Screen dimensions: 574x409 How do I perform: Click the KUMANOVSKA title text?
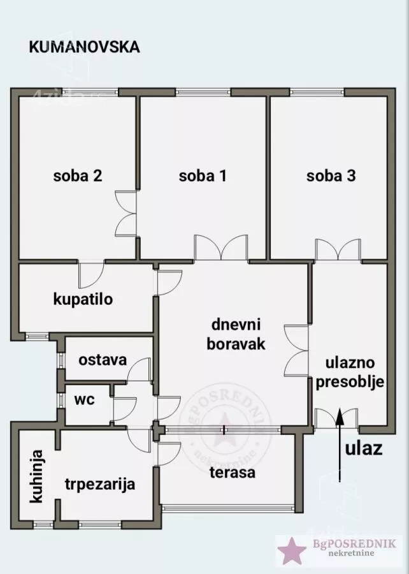point(85,47)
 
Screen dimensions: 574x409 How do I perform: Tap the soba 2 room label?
point(78,176)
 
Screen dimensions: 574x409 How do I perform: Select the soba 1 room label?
point(203,176)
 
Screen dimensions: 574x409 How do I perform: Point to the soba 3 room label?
point(331,176)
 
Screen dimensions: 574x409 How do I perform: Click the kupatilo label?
point(83,298)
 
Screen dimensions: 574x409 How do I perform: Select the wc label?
point(84,400)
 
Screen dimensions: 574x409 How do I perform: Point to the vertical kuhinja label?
point(38,476)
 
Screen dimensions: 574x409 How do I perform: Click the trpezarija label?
point(99,484)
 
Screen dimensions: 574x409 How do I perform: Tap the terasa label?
point(233,473)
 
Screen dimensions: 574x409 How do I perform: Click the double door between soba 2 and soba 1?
point(126,214)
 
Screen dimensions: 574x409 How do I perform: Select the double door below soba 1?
point(221,247)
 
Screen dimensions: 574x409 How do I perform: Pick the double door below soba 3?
point(338,249)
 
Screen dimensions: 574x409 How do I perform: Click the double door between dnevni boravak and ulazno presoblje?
point(297,349)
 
